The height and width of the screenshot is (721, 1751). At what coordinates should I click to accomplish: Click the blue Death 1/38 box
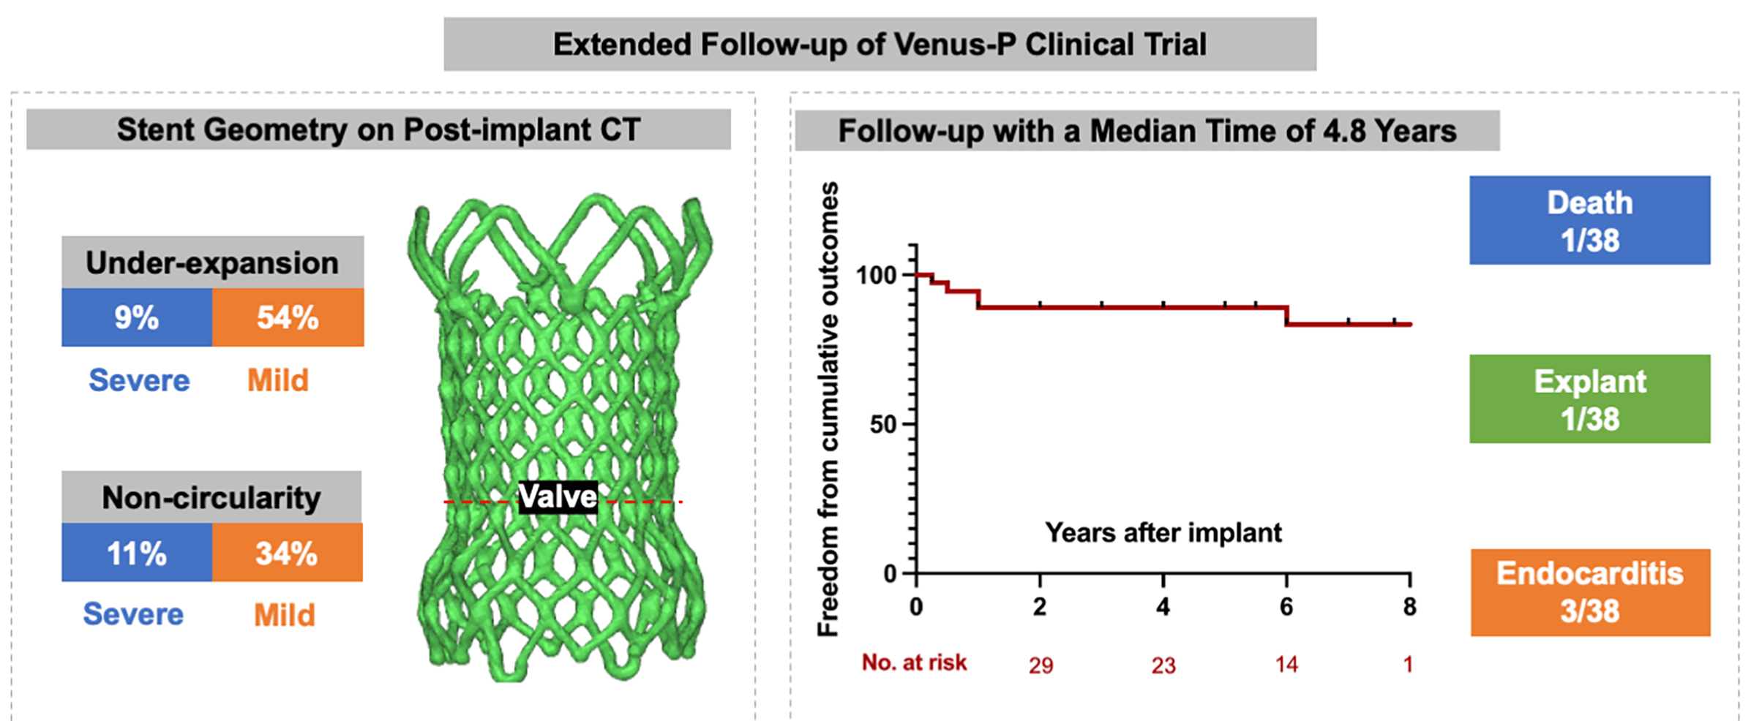1589,220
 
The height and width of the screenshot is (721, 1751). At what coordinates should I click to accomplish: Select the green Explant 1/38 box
1589,399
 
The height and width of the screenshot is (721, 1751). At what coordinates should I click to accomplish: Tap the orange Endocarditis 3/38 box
1589,592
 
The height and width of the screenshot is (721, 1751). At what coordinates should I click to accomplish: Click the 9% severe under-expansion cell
137,317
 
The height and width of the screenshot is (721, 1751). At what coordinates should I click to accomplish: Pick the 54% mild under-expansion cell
288,317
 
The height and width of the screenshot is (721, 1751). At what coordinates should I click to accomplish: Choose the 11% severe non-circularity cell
137,553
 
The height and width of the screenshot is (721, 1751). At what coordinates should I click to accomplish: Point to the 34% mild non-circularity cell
287,553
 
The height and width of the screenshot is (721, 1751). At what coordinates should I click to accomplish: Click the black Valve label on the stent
558,497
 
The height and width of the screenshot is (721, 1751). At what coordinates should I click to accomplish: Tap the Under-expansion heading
212,263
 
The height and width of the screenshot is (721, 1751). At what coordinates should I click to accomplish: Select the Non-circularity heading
211,497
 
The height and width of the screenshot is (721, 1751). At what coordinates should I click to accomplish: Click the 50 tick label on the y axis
883,424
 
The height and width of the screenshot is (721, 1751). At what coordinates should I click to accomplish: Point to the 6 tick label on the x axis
1286,607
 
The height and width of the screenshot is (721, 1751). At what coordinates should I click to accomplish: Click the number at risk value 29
1041,665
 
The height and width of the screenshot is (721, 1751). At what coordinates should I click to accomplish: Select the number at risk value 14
1286,665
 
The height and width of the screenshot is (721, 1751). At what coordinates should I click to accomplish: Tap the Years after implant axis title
1163,532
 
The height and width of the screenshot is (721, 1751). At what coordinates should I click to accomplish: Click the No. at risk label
914,663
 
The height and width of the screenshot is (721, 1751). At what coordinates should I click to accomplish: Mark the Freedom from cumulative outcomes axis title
828,409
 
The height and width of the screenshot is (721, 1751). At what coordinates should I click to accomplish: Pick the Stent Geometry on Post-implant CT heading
378,130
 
